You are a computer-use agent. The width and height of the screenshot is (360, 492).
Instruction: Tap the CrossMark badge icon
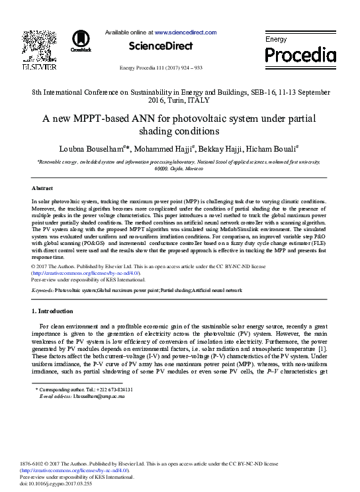(x=81, y=40)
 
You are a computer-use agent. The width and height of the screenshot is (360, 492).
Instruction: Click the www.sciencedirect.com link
(x=185, y=32)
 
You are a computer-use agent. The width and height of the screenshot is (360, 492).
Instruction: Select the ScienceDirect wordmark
(x=160, y=46)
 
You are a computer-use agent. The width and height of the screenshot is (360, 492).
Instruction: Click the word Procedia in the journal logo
(x=300, y=55)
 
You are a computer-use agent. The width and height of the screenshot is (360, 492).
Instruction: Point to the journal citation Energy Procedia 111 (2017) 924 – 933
(x=160, y=68)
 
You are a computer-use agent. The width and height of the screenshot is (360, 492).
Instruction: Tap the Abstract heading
(x=42, y=188)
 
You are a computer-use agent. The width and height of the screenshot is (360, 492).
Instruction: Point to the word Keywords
(x=43, y=290)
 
